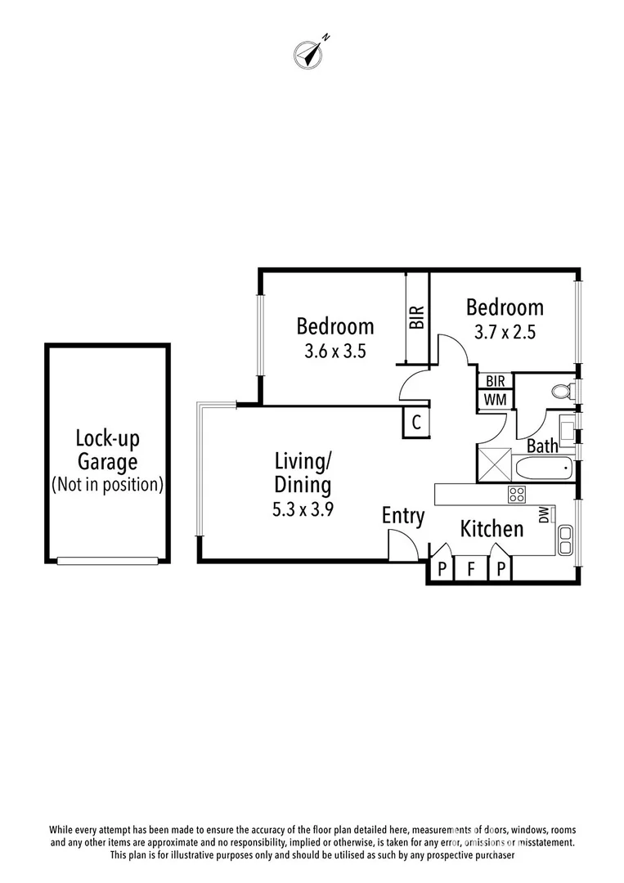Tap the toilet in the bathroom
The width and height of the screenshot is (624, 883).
coord(563,392)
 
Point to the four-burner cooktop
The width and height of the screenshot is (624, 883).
coord(517,494)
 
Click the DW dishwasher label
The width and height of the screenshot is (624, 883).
coord(543,514)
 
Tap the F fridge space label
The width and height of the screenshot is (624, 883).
coord(471,569)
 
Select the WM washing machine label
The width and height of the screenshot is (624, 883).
coord(496,399)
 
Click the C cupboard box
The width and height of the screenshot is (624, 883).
coord(415,423)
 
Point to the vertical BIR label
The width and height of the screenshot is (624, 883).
coord(417,317)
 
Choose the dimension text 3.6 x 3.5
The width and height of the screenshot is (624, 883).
coord(334,353)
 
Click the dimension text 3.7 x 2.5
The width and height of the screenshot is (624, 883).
coord(504,334)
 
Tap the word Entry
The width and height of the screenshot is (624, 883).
coord(403,516)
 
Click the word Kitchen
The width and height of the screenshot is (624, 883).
coord(492,529)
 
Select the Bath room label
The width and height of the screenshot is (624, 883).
coord(542,446)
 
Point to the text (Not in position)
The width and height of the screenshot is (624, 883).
coord(107,484)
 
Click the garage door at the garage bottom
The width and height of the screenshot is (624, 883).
coord(107,560)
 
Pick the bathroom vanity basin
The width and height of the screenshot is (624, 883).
coord(568,425)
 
